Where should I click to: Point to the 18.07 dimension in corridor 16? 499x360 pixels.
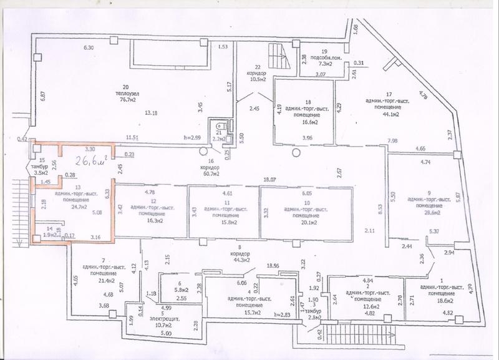tap(269, 179)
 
